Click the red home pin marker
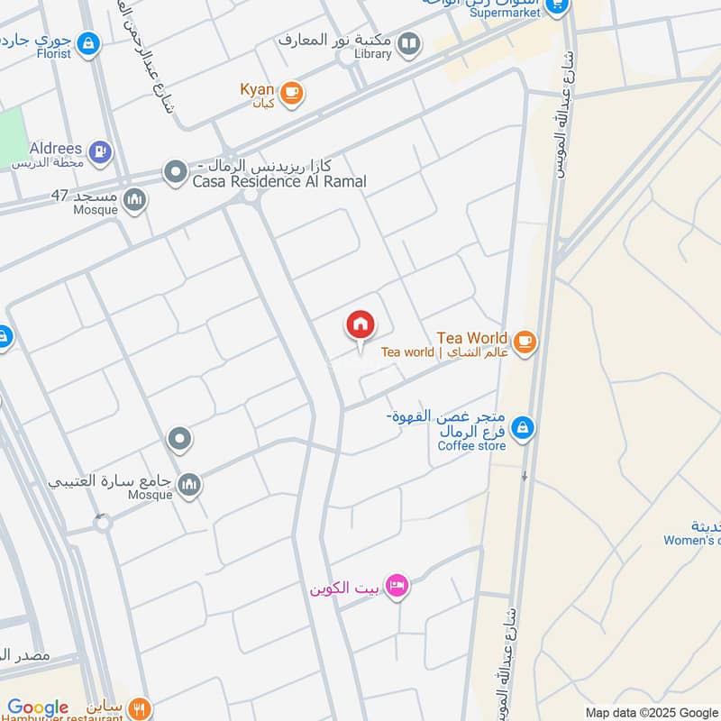(360, 325)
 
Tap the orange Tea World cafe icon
(525, 342)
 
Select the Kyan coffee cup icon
(290, 93)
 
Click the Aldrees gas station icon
(100, 151)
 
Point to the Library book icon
(409, 43)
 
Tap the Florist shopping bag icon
(87, 42)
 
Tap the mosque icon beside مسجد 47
(135, 199)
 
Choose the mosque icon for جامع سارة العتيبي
(189, 485)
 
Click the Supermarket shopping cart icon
(557, 6)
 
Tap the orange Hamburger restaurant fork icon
(138, 707)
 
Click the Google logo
(38, 707)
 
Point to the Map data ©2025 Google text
(651, 712)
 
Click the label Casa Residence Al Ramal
(279, 182)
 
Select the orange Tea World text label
(472, 338)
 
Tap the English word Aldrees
(56, 148)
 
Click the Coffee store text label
(471, 445)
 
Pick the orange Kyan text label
(256, 88)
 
